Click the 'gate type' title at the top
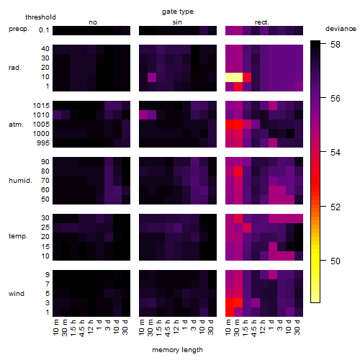point(178,12)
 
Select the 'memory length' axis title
point(177,350)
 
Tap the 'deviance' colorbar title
point(341,29)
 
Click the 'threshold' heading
point(40,17)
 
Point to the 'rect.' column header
point(261,22)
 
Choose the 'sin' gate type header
point(177,22)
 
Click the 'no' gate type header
point(93,22)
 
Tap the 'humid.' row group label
point(20,181)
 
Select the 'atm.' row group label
point(16,125)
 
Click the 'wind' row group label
point(17,294)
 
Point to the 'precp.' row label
point(19,29)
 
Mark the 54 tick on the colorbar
point(335,153)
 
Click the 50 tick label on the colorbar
point(335,261)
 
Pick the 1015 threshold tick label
point(41,106)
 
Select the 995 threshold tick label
point(43,143)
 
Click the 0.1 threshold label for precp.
point(44,30)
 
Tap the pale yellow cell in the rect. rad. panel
point(234,77)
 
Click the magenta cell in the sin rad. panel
point(152,77)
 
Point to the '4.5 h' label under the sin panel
point(168,328)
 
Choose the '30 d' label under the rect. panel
point(297,327)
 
